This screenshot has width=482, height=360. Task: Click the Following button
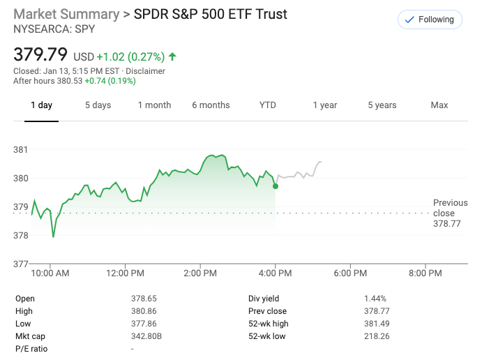pos(430,20)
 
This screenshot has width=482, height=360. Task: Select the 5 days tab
pos(98,105)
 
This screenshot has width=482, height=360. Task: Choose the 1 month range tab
pos(154,105)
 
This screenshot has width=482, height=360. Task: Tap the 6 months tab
pos(211,105)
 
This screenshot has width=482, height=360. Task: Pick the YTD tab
pos(268,105)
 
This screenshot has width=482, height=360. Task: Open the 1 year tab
pos(324,105)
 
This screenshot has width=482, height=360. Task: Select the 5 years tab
pos(382,105)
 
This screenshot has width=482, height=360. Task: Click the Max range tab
pos(439,105)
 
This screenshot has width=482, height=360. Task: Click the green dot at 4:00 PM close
pos(276,186)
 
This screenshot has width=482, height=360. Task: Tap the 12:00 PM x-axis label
pos(126,273)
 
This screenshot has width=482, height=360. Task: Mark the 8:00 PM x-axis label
pos(425,273)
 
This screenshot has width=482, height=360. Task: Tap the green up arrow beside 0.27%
pos(172,56)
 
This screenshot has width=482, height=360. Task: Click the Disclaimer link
pos(145,71)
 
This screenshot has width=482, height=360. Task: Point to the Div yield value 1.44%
pos(376,299)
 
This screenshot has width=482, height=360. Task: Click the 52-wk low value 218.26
pos(377,336)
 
